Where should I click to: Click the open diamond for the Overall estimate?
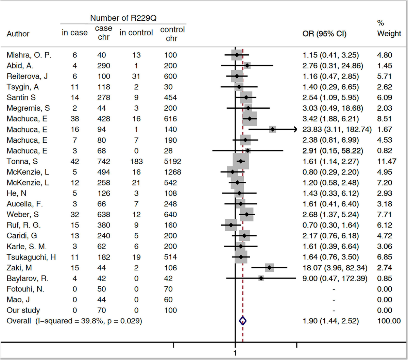click(x=242, y=321)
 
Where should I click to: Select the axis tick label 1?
click(x=235, y=353)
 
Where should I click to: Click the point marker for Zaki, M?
click(x=269, y=268)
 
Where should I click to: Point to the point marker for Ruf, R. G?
click(x=231, y=225)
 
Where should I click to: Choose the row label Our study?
click(x=23, y=310)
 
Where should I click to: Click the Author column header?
click(x=18, y=34)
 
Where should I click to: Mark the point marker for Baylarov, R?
click(x=261, y=278)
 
